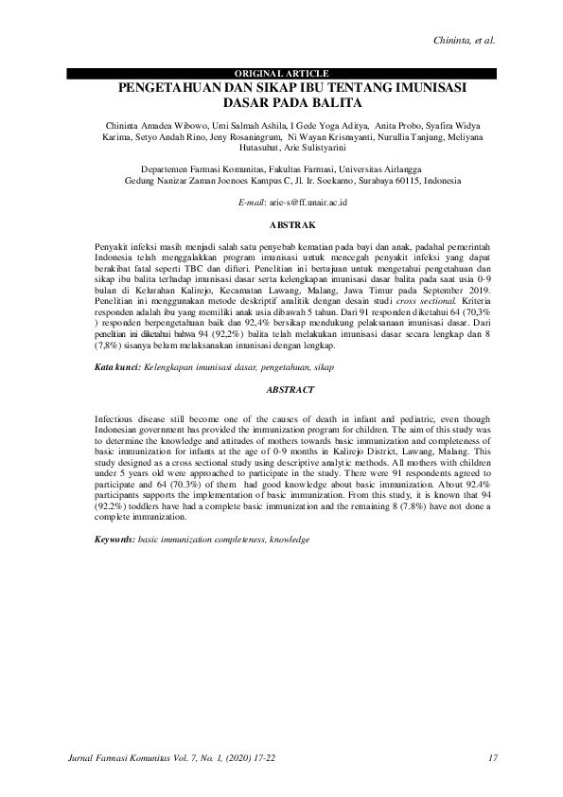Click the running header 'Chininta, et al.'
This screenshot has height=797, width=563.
coord(464,41)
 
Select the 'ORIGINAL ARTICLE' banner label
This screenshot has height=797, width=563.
coord(281,73)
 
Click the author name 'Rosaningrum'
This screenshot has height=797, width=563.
coord(243,136)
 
